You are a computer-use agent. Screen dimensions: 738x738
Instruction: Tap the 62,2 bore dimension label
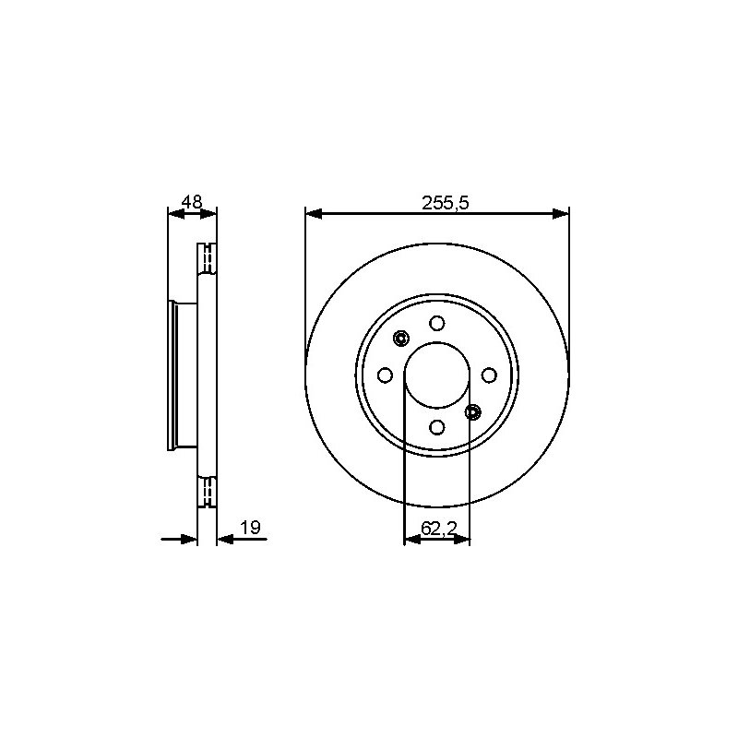(439, 529)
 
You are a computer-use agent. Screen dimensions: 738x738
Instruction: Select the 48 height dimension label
(192, 202)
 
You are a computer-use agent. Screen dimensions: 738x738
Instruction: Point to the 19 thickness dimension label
(250, 528)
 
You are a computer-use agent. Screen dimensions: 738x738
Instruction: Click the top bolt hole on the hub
(437, 324)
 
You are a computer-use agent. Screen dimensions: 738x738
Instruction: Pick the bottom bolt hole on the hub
(437, 427)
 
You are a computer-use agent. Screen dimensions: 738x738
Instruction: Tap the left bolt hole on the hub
(385, 375)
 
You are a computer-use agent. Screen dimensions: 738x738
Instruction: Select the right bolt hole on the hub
(490, 375)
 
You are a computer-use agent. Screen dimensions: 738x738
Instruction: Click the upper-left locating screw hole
(401, 338)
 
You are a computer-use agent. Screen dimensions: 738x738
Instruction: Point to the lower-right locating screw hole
(473, 412)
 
